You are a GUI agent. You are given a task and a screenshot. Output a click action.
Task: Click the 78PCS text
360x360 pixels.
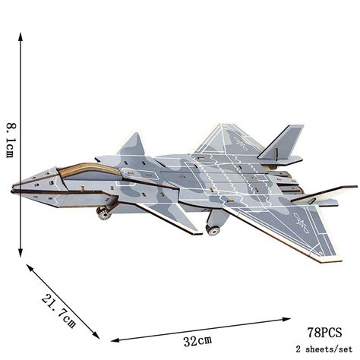click(326, 332)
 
